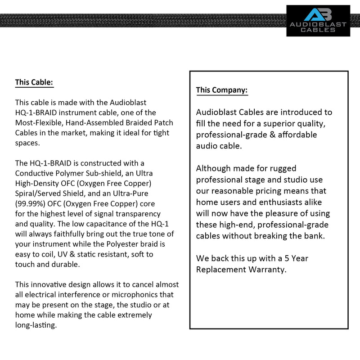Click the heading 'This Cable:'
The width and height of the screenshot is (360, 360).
(34, 82)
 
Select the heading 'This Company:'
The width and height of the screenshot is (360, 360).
(221, 90)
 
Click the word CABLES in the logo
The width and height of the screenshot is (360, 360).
(318, 30)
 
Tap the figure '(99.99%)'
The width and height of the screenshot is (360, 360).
(31, 203)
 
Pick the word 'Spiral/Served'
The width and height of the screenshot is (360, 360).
(38, 193)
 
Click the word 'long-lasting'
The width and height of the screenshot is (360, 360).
(36, 325)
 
